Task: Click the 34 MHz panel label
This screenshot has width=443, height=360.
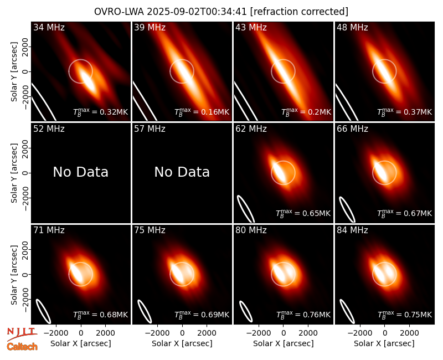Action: tap(49, 27)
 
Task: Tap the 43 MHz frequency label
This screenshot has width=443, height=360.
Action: tap(251, 27)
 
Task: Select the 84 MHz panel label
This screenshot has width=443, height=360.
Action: tap(352, 230)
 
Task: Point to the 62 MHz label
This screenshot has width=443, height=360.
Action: tap(251, 129)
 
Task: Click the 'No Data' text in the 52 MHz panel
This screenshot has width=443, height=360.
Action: tap(80, 172)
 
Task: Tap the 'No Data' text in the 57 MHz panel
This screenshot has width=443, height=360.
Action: tap(182, 172)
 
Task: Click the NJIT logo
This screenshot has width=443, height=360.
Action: tap(22, 334)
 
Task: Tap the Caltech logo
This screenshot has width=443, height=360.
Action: tap(22, 347)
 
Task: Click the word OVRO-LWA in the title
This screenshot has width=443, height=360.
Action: tap(119, 12)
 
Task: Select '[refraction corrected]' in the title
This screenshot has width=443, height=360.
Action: tap(299, 12)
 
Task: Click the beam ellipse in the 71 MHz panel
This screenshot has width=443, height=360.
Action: tap(43, 311)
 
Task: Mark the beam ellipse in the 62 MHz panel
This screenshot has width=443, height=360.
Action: tap(246, 209)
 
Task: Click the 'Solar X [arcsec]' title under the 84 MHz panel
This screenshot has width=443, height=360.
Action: tap(384, 343)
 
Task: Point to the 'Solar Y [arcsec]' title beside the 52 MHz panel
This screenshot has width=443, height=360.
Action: tap(14, 173)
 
